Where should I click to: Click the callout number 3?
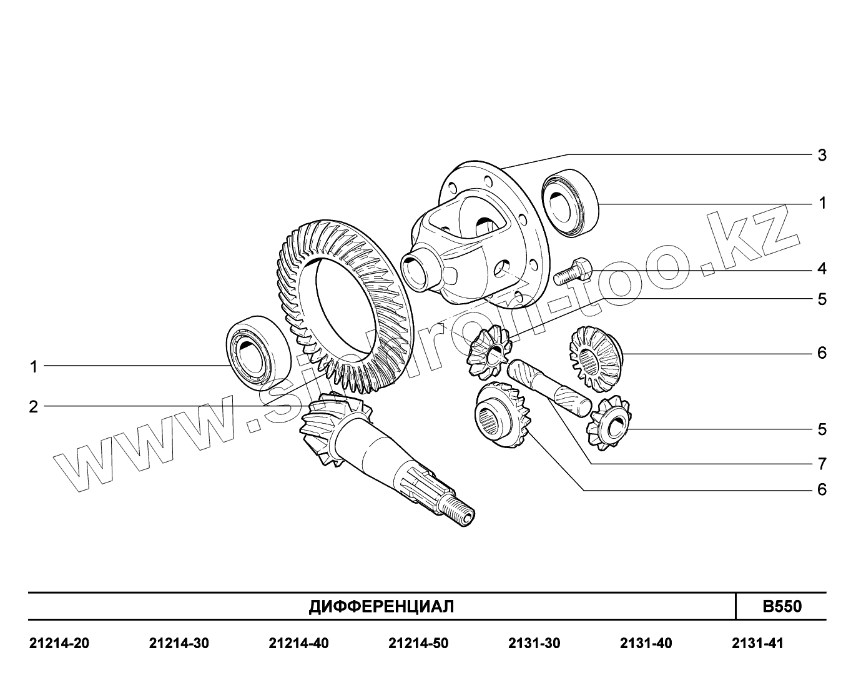click(822, 155)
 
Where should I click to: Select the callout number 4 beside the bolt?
click(822, 269)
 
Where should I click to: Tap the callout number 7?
click(822, 464)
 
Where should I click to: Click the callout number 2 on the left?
click(33, 407)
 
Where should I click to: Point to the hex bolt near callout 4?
click(573, 271)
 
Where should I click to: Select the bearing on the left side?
click(258, 353)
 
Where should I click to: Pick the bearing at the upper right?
click(570, 203)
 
